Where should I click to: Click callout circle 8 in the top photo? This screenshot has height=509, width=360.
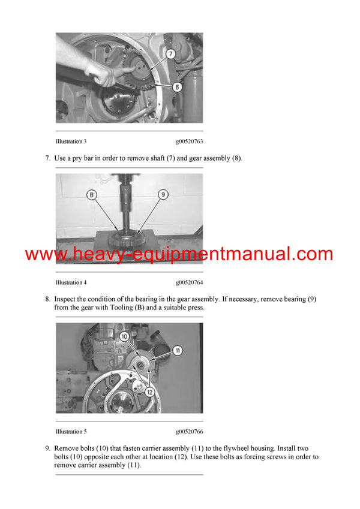(x=176, y=86)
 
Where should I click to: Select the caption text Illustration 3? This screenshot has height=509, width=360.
(x=71, y=141)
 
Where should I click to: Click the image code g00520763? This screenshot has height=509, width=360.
(x=189, y=141)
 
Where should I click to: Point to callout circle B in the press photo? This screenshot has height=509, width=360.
(x=91, y=194)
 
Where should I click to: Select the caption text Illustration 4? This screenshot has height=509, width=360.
(x=71, y=282)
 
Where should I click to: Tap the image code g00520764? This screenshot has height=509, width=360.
(x=189, y=282)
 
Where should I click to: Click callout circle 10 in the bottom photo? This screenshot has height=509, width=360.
(x=124, y=337)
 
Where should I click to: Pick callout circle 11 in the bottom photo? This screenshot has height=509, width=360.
(x=178, y=350)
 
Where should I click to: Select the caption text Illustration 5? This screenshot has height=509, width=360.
(x=71, y=432)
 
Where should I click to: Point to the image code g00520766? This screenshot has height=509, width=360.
(x=189, y=432)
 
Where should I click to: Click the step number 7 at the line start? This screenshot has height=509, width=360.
(x=47, y=158)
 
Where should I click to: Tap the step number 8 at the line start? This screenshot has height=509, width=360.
(x=47, y=299)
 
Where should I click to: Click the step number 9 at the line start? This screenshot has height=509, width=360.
(x=47, y=448)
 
